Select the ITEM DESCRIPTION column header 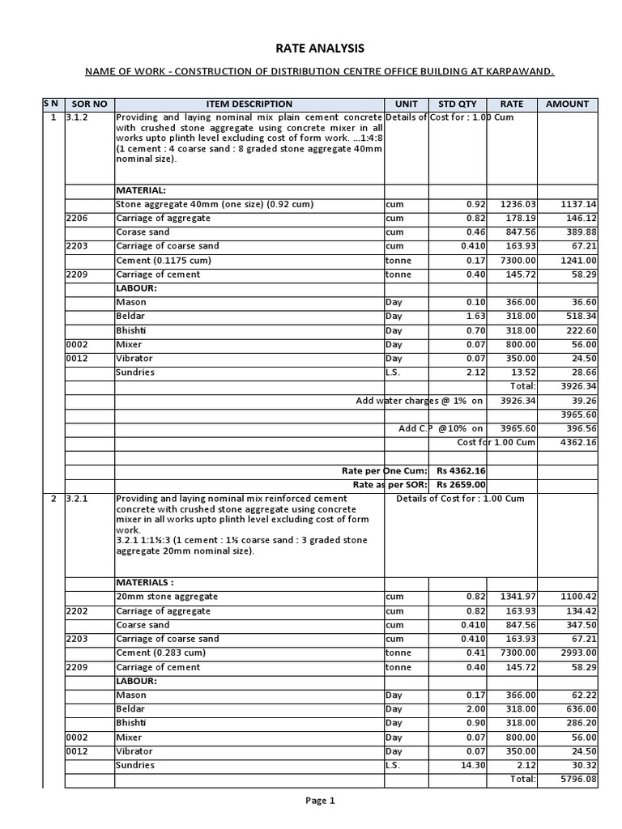[249, 104]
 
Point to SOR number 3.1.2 [77, 117]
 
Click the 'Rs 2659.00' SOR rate [461, 484]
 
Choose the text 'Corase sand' [143, 232]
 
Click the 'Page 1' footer [320, 801]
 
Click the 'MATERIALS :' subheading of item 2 [145, 582]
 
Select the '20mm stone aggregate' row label [167, 597]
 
